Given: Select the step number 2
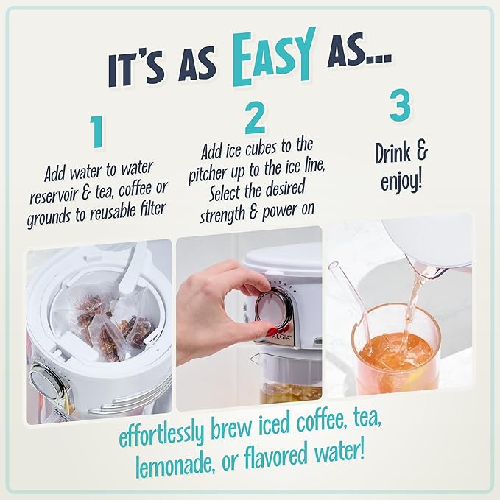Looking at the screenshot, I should (x=254, y=118).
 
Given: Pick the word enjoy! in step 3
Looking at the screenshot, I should (x=401, y=181).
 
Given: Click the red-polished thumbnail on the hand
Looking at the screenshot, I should (x=269, y=329).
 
